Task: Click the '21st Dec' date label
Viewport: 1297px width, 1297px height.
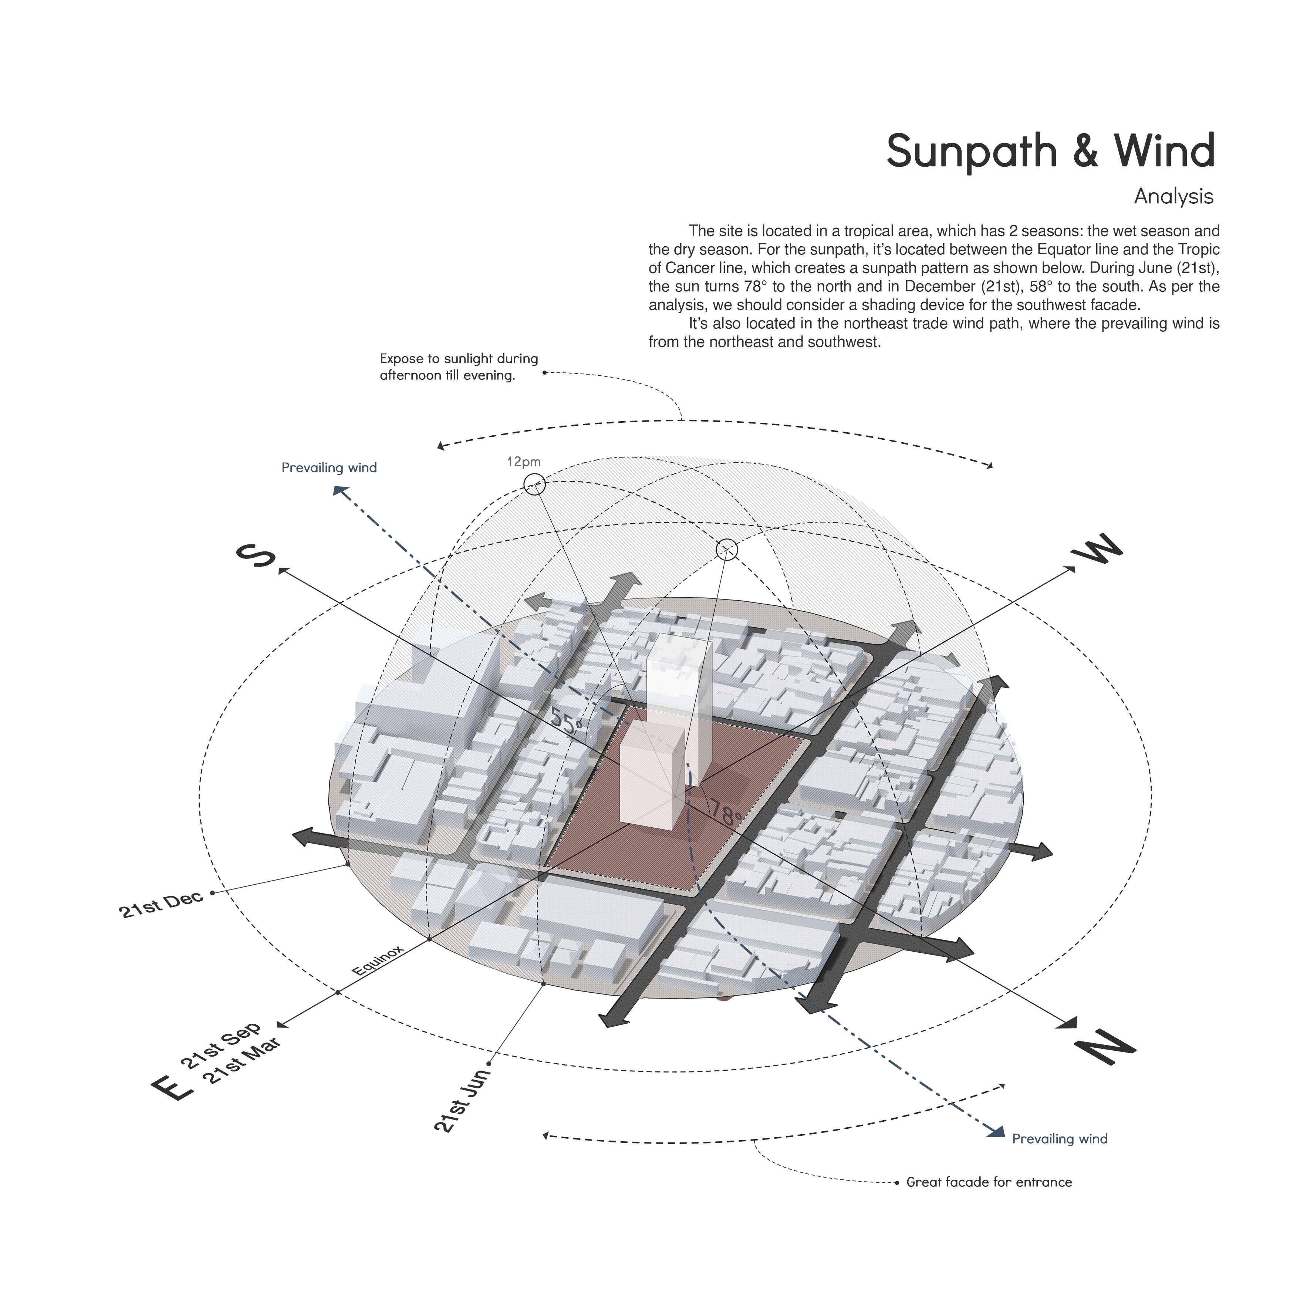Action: point(161,904)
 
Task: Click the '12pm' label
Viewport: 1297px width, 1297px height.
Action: point(524,462)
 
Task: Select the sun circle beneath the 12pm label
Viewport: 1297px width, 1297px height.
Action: point(534,483)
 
